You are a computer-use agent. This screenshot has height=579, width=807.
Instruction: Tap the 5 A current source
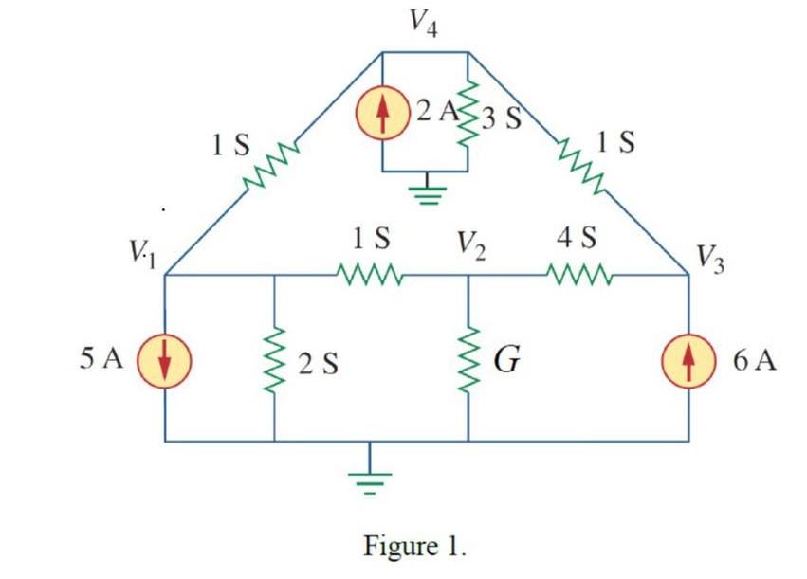[x=165, y=362]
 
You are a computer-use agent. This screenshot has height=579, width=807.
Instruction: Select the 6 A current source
[x=688, y=363]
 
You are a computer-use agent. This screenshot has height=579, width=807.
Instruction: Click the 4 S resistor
[x=580, y=277]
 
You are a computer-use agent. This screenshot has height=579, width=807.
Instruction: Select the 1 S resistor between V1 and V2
[x=371, y=277]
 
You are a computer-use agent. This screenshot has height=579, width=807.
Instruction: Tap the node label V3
[x=709, y=259]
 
